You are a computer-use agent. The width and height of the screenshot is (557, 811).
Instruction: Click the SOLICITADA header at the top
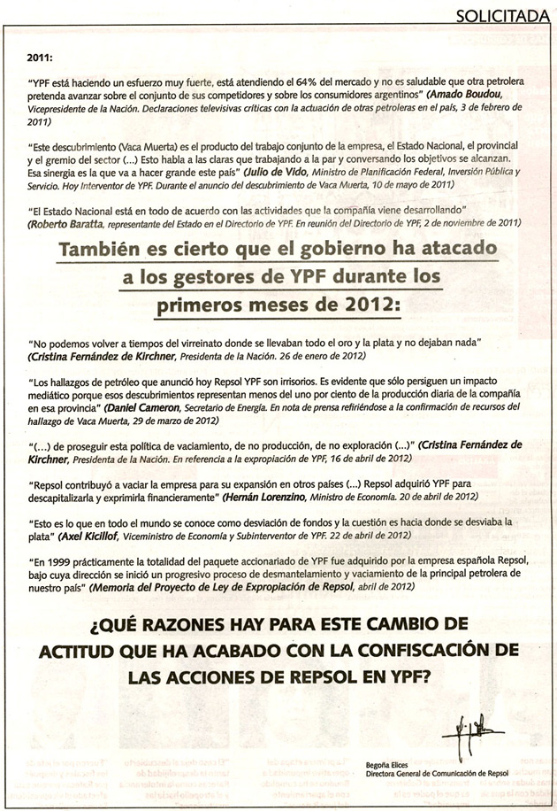[507, 14]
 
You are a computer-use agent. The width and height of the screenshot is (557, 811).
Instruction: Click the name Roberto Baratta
[68, 227]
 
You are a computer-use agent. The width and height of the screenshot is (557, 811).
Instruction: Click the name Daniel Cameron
[145, 409]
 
